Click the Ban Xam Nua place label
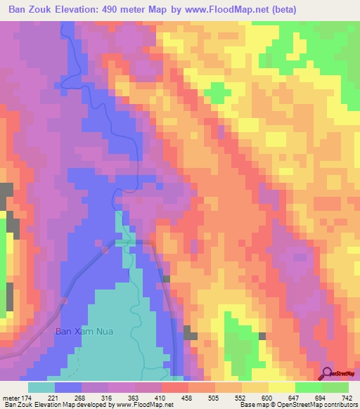[x=84, y=330]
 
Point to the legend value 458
[x=188, y=398]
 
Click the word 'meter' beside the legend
[x=12, y=398]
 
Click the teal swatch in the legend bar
[x=41, y=387]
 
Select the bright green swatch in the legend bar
[x=309, y=387]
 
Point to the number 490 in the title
[x=123, y=10]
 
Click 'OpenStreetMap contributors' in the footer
[x=320, y=405]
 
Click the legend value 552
[x=240, y=398]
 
